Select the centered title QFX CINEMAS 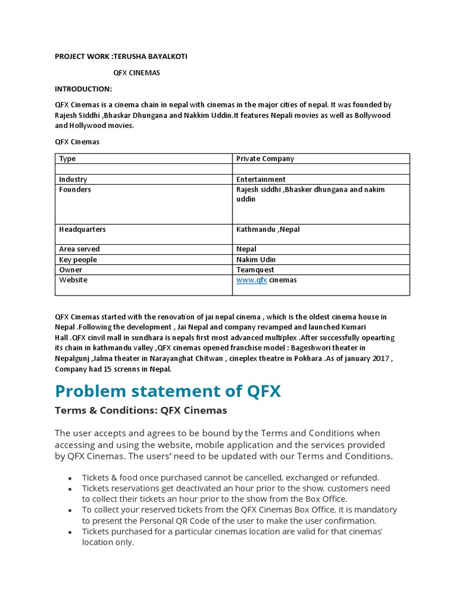point(136,73)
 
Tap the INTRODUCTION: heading point(83,89)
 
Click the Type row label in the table point(67,159)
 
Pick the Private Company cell point(265,159)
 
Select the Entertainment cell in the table point(261,179)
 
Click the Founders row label point(75,190)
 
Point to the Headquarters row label point(82,229)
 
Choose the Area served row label point(79,250)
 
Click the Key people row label point(78,260)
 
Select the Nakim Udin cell point(256,260)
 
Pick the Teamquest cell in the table point(255,270)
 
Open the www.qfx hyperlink point(252,280)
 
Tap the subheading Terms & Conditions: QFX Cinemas point(140,411)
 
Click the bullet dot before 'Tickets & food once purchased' point(70,478)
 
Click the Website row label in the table point(73,280)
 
